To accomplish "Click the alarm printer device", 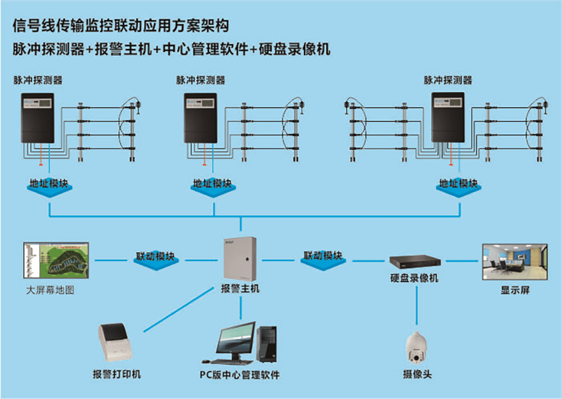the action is click(x=116, y=342).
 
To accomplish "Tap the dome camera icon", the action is click(x=416, y=347).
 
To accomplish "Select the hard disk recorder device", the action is click(x=415, y=261).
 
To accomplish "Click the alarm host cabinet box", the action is click(x=240, y=259).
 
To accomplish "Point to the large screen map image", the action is click(x=56, y=260).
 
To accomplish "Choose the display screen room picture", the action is click(x=515, y=262).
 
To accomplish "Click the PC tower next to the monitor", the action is click(x=266, y=343).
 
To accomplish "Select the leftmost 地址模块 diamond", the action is click(x=49, y=186).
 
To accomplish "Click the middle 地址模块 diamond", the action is click(x=213, y=186).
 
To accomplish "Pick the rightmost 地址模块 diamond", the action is click(x=459, y=186).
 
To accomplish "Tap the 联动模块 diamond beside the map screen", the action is click(x=156, y=260).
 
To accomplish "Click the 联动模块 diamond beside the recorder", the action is click(x=323, y=259).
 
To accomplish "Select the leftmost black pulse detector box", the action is click(x=38, y=118).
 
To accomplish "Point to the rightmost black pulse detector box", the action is click(x=448, y=117).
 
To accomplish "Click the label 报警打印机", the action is click(x=117, y=374).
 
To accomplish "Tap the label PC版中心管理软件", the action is click(x=239, y=375).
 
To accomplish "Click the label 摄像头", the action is click(x=417, y=374).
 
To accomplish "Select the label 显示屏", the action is click(x=515, y=290).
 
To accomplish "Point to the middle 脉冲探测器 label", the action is click(x=201, y=80).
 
